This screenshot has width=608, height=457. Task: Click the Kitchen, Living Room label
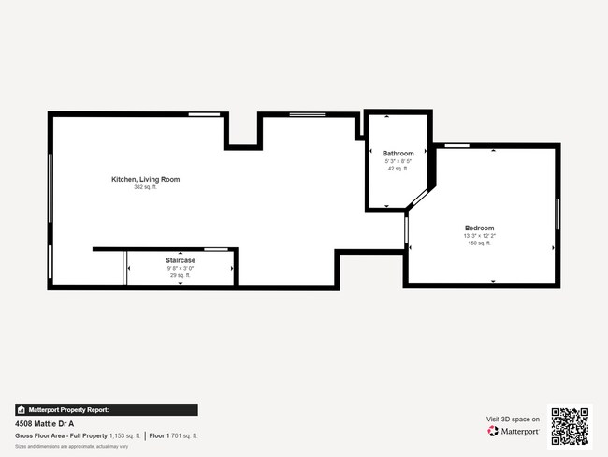(x=145, y=179)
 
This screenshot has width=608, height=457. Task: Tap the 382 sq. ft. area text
(x=145, y=187)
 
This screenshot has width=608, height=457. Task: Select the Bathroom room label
(x=398, y=153)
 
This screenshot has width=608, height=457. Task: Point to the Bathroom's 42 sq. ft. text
(x=398, y=169)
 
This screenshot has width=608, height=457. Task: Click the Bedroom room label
(x=480, y=228)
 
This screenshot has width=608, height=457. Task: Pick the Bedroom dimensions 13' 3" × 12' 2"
(x=480, y=236)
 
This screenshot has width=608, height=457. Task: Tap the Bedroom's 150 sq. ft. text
(x=480, y=243)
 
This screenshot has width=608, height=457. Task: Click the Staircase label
(x=181, y=260)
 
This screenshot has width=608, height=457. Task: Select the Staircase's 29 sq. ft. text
(x=181, y=276)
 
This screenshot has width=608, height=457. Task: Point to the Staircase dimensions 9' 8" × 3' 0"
(x=181, y=269)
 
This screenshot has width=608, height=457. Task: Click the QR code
(x=570, y=426)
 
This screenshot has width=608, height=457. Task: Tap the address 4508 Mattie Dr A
(x=44, y=423)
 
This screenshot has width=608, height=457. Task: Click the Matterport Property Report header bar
(x=106, y=409)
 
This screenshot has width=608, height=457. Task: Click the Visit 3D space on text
(x=513, y=420)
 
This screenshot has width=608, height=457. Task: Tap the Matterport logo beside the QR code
(x=513, y=432)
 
